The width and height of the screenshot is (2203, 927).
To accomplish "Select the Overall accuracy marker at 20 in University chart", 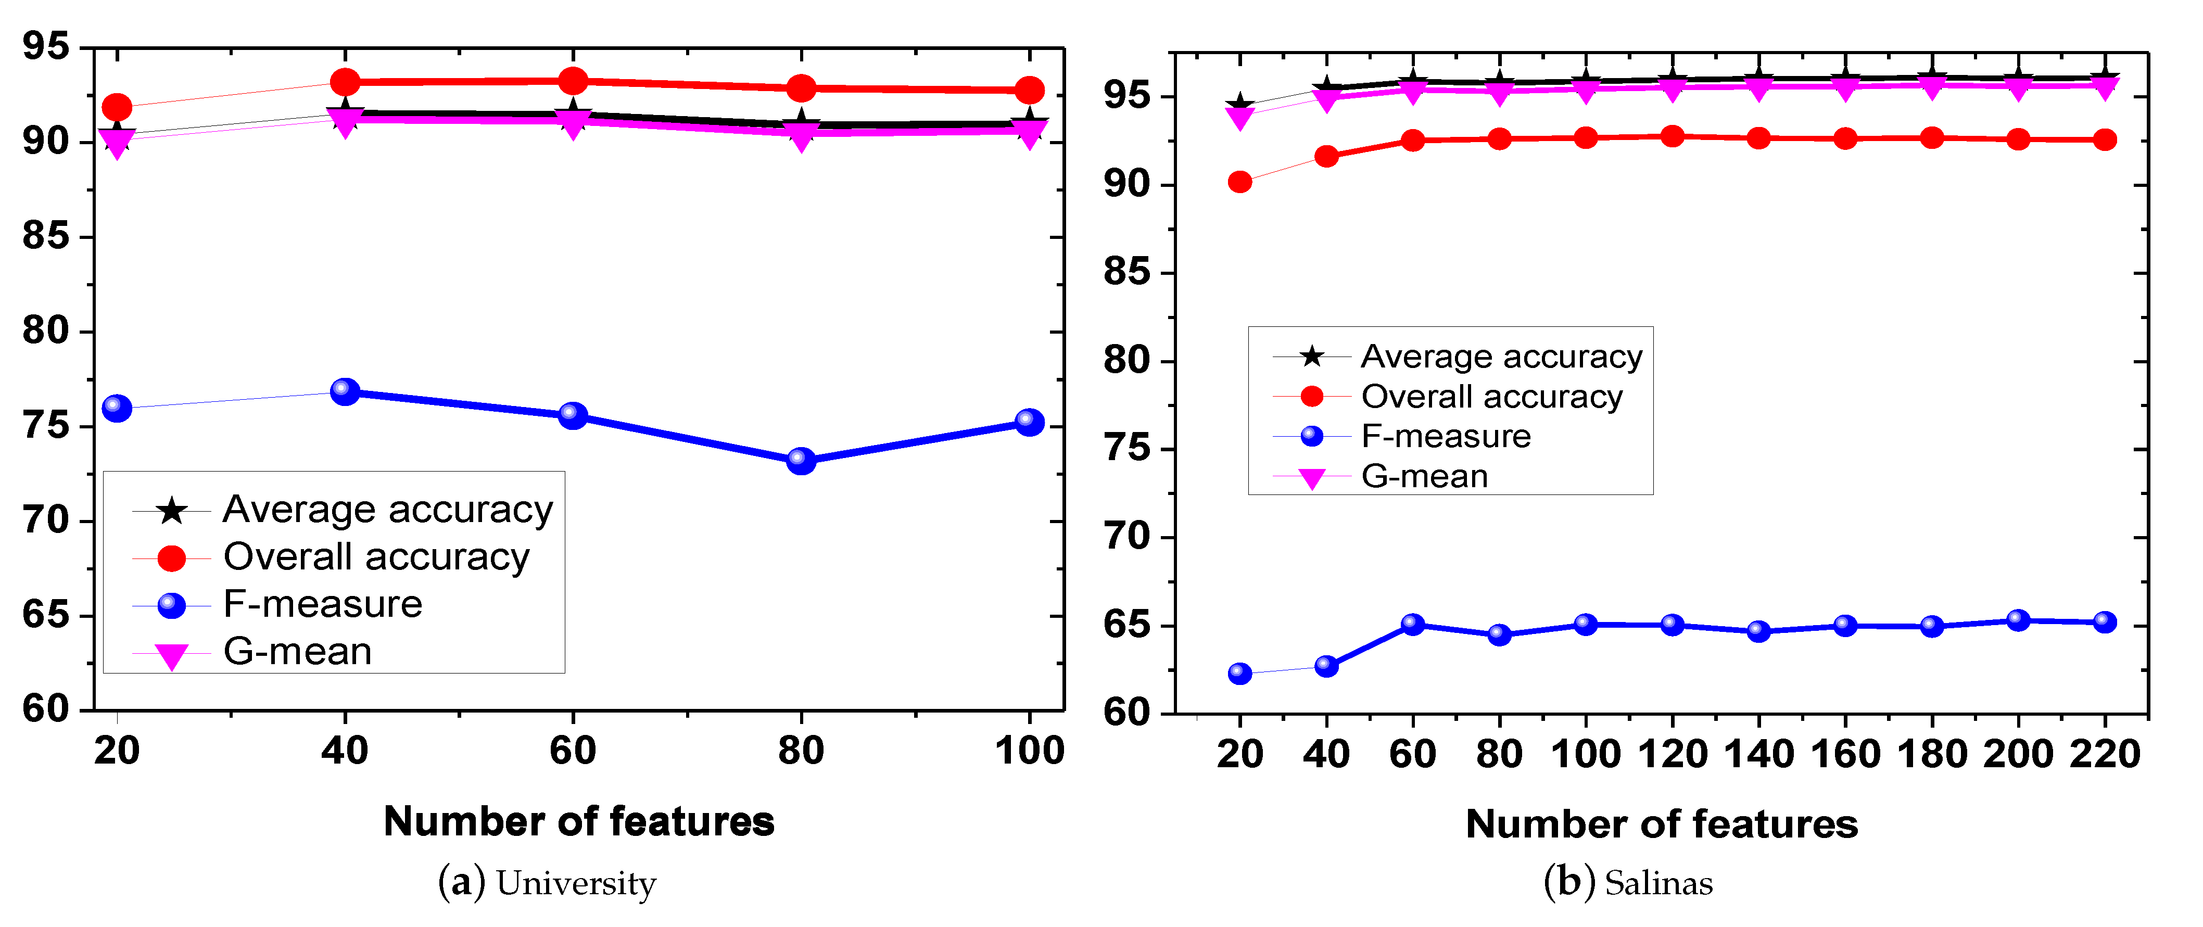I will [x=117, y=108].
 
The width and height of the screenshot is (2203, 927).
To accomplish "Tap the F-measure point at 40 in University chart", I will [x=345, y=391].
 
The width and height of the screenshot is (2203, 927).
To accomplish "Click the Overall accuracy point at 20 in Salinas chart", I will [x=1239, y=182].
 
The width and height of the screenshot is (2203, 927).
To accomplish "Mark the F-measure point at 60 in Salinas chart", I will [x=1413, y=624].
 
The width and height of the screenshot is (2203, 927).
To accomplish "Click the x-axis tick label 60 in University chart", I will [x=572, y=751].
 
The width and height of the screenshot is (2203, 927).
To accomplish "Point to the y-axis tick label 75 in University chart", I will [x=46, y=426].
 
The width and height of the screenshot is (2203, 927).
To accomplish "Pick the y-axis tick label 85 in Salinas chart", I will [x=1126, y=273].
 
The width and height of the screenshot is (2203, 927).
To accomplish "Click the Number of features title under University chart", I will [x=579, y=822].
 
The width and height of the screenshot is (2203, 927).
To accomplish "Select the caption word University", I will [x=576, y=883].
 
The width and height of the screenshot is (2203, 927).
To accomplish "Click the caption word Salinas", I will [x=1658, y=883].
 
